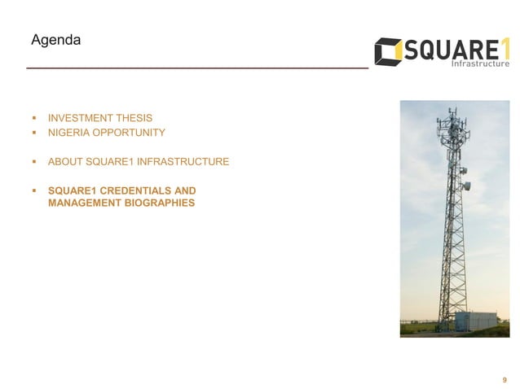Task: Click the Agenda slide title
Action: (55, 39)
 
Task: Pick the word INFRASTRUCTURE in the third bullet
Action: (186, 162)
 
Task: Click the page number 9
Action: (505, 379)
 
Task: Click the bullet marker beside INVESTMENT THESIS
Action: (33, 118)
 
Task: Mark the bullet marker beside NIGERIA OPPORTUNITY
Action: (33, 132)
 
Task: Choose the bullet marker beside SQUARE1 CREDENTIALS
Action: (33, 191)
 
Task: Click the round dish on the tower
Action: (466, 186)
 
